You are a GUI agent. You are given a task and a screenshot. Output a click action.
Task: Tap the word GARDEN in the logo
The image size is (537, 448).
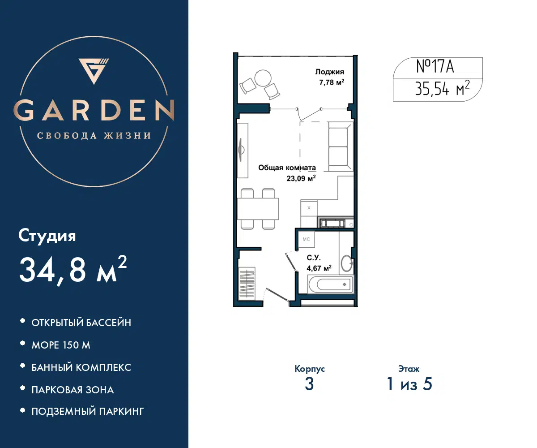coord(94,110)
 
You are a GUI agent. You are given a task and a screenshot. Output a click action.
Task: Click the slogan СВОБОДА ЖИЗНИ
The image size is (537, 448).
coord(94,136)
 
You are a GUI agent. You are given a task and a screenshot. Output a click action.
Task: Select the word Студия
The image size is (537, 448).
coord(47,236)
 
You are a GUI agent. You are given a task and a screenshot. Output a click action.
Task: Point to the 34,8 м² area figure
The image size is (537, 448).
coord(73,270)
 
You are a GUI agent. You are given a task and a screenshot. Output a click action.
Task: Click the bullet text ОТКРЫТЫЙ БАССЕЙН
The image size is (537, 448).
coord(81,323)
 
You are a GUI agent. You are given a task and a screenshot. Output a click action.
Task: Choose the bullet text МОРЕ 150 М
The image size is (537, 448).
coord(61,345)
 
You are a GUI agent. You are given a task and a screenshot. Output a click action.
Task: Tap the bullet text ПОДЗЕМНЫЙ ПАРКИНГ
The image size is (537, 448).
coord(87,411)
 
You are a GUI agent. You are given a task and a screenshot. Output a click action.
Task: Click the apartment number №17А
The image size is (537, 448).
coord(435,66)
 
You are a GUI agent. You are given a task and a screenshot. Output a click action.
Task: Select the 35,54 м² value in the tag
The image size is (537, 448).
coord(443,89)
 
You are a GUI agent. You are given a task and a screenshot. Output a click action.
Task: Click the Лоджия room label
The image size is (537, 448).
coord(330,72)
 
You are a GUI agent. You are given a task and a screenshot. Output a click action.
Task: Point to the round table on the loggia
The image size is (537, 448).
coord(263,78)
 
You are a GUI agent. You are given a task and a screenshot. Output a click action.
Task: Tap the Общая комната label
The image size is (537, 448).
coord(287,168)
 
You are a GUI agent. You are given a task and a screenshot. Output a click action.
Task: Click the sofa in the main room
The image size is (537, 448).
coord(340,146)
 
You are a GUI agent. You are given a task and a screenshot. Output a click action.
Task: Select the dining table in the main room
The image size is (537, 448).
coord(258,209)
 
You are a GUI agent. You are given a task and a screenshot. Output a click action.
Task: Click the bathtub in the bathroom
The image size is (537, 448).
coord(331,284)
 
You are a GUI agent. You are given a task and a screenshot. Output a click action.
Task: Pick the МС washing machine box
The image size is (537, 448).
coord(306,239)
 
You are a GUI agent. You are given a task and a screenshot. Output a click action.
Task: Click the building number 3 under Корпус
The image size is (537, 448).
coord(309,384)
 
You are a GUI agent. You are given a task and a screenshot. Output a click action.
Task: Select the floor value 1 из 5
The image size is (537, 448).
coord(409,384)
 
